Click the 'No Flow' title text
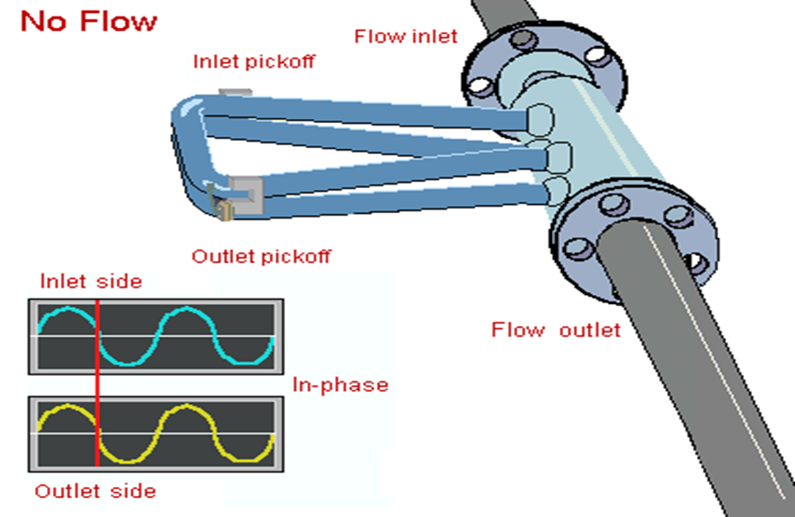click(88, 22)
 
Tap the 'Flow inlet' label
click(405, 36)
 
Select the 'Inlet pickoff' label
click(254, 62)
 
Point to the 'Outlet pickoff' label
click(261, 257)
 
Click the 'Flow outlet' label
click(556, 330)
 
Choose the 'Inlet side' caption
click(91, 281)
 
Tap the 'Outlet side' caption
click(95, 491)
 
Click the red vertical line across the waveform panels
click(97, 381)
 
